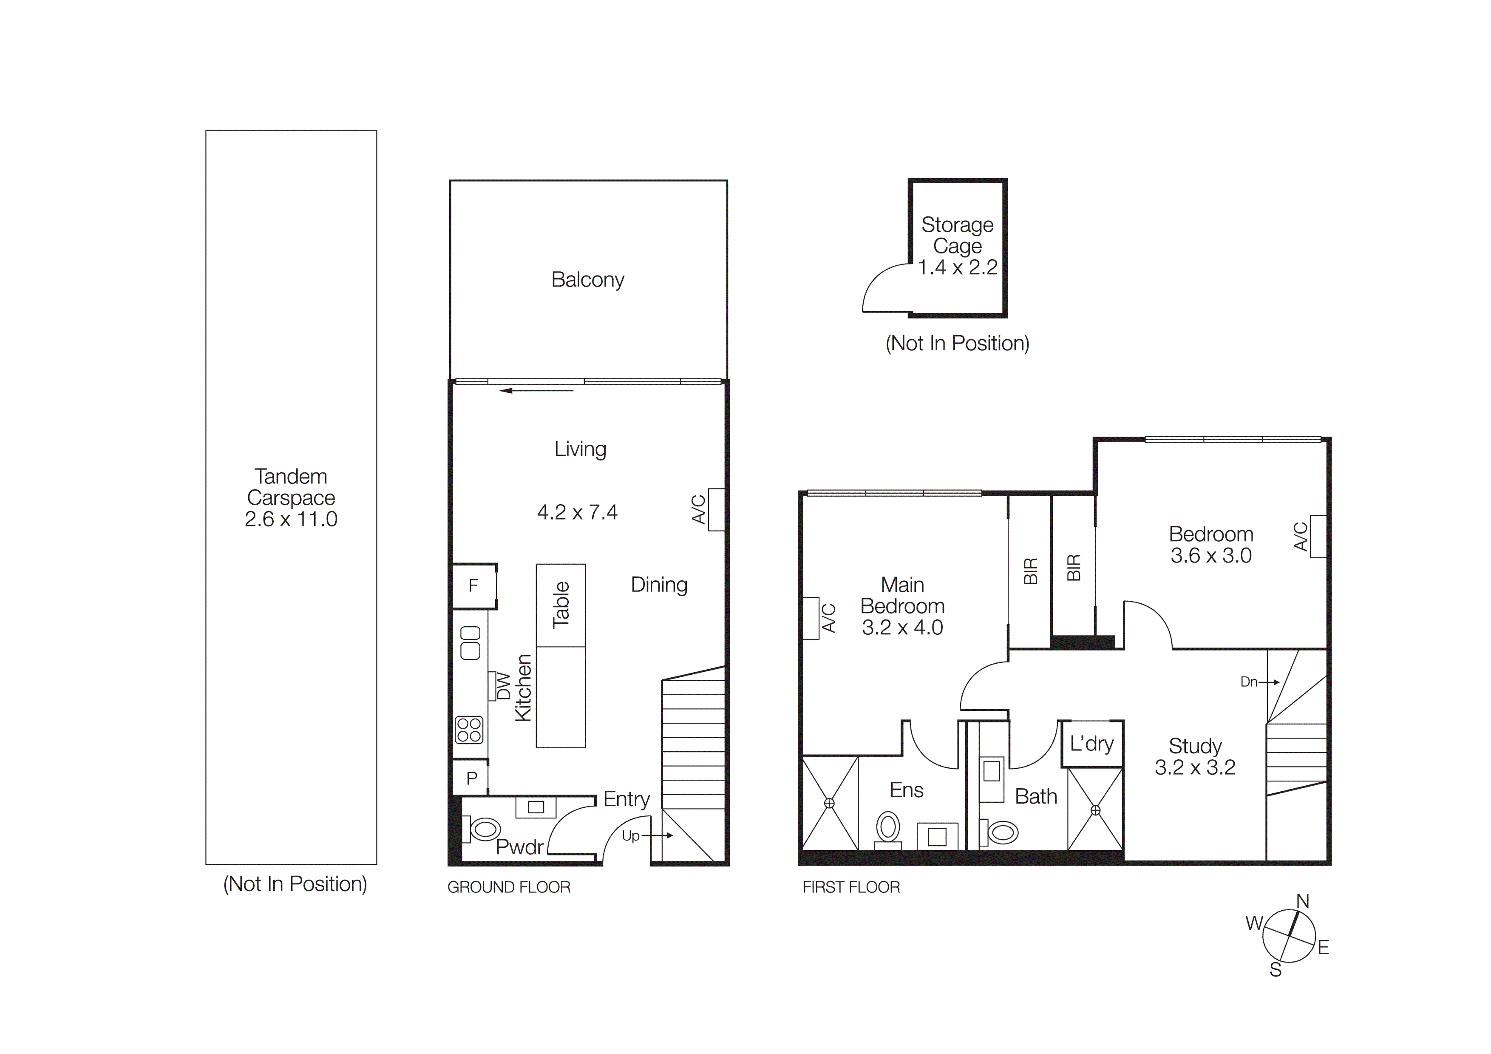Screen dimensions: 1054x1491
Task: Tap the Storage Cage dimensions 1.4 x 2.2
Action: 957,267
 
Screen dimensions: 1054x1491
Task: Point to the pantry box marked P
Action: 471,778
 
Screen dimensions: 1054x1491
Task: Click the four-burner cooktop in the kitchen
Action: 469,729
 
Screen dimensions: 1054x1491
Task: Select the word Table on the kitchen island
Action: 561,605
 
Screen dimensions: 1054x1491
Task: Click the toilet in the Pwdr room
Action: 484,830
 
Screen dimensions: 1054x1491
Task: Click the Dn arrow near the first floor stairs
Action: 1259,682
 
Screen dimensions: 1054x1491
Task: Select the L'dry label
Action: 1091,744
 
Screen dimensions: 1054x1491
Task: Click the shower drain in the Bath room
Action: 1096,810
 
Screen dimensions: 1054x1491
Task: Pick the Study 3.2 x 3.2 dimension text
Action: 1195,767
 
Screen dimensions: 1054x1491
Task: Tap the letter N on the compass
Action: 1303,901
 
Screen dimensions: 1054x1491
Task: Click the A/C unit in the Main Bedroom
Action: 811,618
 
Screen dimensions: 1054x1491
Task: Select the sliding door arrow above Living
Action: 536,391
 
